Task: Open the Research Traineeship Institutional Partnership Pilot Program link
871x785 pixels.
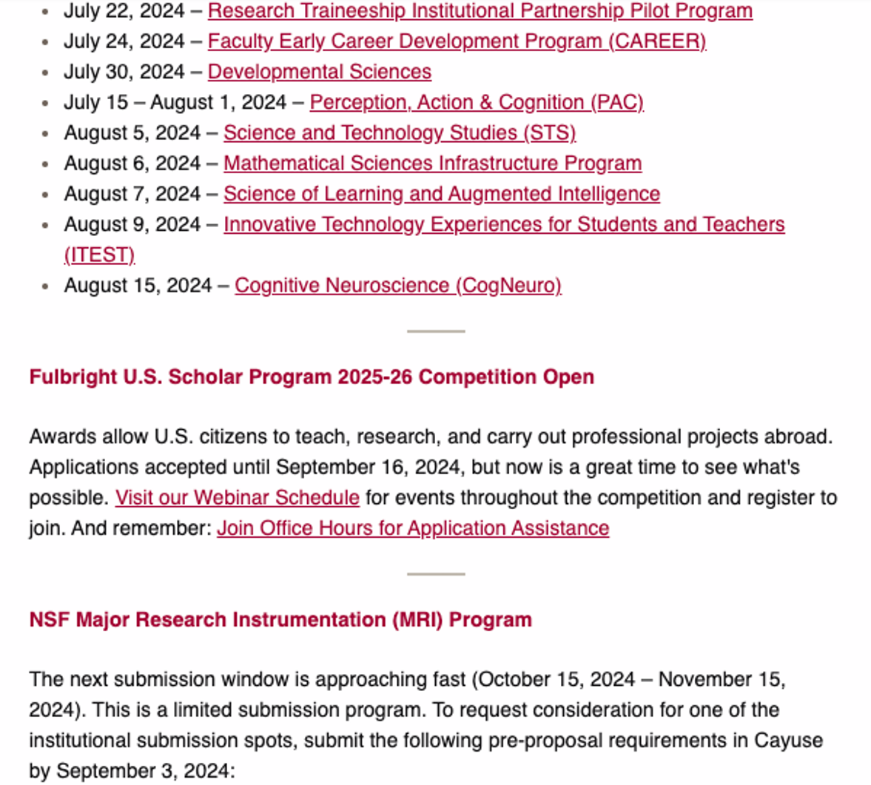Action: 480,11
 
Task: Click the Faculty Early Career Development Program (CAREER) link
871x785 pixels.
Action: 457,41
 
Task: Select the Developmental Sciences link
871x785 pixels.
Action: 319,72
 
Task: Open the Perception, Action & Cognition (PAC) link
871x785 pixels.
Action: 477,102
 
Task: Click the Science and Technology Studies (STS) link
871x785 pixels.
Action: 400,132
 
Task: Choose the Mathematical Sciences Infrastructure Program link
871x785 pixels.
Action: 432,163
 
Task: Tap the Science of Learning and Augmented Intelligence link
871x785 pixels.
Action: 441,194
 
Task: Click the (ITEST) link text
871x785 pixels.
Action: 99,255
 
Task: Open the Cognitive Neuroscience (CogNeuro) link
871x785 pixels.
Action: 397,285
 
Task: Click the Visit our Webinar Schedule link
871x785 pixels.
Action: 237,497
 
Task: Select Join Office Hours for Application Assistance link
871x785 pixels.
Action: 412,528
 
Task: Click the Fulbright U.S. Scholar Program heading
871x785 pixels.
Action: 311,377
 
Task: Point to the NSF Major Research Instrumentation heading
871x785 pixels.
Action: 280,619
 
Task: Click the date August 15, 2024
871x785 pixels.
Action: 138,285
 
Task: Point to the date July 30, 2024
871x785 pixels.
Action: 124,72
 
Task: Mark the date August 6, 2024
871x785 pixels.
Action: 132,163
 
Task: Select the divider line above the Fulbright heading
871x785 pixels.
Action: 435,331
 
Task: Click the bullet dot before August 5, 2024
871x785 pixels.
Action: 46,133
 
